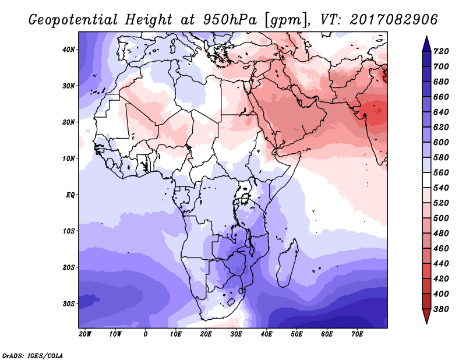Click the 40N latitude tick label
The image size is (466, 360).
click(69, 50)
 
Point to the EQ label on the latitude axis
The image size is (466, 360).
click(70, 195)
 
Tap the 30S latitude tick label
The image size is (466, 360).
click(69, 304)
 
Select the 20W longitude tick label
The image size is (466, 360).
click(85, 334)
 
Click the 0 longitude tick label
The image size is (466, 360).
click(145, 334)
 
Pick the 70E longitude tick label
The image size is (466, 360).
click(357, 334)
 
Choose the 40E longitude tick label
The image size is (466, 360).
click(266, 334)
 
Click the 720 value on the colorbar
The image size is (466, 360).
click(441, 51)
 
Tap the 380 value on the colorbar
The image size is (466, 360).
click(441, 309)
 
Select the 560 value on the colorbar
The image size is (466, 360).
click(441, 172)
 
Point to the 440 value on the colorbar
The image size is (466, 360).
click(441, 264)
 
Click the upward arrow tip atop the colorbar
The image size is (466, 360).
click(426, 37)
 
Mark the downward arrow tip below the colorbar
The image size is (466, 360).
click(426, 323)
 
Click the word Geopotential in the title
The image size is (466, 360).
click(73, 20)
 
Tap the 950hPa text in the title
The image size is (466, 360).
click(230, 20)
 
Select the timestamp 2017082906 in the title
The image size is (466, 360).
click(394, 19)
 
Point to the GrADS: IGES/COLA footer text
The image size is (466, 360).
click(33, 355)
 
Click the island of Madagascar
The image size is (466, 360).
click(287, 263)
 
